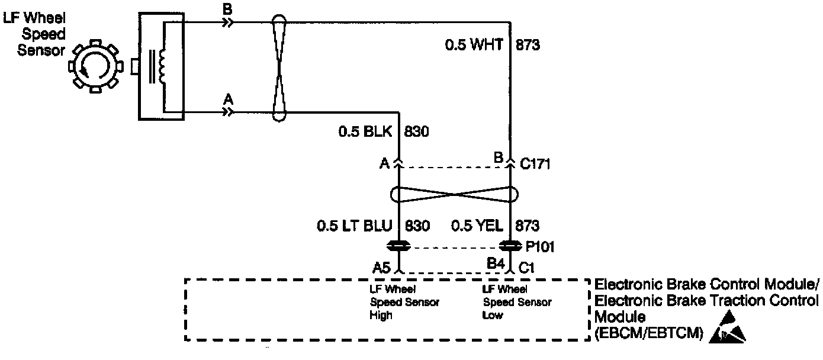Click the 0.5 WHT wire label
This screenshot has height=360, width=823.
point(474,45)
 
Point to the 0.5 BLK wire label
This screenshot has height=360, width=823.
point(365,132)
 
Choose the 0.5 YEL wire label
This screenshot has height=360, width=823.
point(478,226)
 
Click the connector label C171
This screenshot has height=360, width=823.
point(535,163)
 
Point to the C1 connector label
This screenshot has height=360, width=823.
point(527,267)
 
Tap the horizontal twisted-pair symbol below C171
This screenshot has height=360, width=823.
point(455,194)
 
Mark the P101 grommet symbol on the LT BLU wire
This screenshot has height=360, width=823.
point(398,246)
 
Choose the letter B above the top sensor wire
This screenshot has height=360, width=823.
point(227,9)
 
